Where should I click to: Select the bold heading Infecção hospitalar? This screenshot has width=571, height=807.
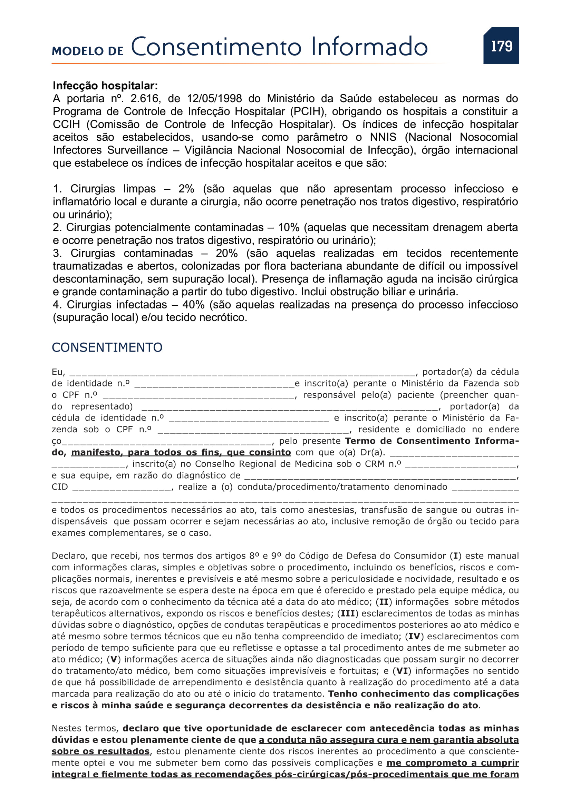105,86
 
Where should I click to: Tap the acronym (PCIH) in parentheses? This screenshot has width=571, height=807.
307,112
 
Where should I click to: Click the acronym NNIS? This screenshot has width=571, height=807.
383,137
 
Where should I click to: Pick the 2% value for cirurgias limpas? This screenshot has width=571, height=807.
186,189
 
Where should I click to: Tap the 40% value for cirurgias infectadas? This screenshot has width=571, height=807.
193,305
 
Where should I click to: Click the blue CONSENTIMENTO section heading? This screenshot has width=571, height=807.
107,348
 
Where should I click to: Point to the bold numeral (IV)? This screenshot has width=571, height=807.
414,637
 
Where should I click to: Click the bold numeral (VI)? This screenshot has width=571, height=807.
402,671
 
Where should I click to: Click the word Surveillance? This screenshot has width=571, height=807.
137,150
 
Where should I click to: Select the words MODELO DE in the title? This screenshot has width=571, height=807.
88,51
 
